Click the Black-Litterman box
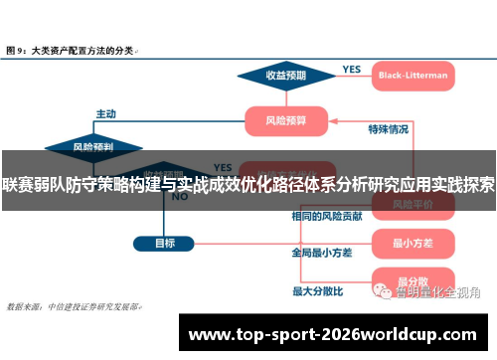pos(413,75)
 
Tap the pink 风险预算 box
pos(287,120)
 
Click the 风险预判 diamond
pos(93,147)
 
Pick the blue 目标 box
pos(165,242)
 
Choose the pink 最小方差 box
pos(410,242)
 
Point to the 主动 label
pos(106,113)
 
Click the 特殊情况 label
pos(388,129)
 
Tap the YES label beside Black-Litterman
pos(351,69)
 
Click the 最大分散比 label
pos(317,291)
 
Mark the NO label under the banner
pos(180,197)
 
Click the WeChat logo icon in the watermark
pos(382,291)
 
